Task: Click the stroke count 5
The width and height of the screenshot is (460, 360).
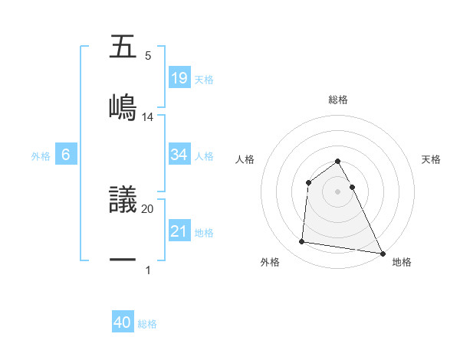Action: pos(148,56)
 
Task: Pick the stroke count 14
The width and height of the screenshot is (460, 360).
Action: pos(148,117)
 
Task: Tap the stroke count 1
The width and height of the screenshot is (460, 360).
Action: pos(148,270)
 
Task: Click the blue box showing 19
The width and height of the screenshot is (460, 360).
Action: pos(179,78)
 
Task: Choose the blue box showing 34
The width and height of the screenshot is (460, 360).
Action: pos(179,155)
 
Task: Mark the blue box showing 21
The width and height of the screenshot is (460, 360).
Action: pos(179,231)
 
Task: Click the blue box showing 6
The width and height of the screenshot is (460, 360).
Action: pos(66,155)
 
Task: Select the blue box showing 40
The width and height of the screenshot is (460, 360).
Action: pos(123,323)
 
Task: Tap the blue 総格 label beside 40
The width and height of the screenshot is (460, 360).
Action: pos(148,324)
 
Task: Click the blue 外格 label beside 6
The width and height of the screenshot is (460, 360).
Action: pos(41,155)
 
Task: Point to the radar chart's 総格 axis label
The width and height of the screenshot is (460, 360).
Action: pos(338,100)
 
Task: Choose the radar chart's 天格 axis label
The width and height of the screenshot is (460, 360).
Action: pos(432,159)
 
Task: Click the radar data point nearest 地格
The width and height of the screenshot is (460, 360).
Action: pos(382,253)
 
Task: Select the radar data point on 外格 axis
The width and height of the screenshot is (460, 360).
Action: pos(302,242)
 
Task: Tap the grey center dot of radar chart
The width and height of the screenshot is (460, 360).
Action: pos(338,191)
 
